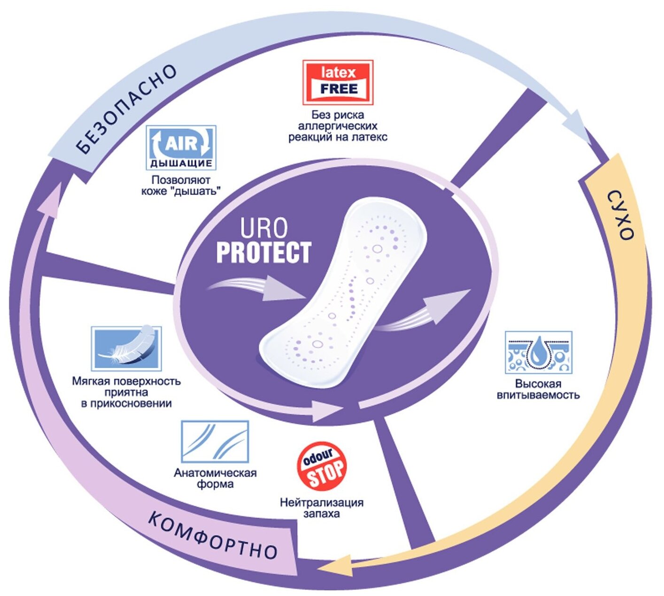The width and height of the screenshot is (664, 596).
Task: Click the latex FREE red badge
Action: (x=338, y=82)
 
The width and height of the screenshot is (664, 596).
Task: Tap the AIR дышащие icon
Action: (x=181, y=147)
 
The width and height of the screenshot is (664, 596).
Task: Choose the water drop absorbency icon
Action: (x=538, y=352)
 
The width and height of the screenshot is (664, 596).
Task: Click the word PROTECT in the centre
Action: (x=263, y=252)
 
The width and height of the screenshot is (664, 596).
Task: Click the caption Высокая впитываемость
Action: (x=538, y=389)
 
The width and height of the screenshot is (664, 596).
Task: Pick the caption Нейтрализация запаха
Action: (x=322, y=508)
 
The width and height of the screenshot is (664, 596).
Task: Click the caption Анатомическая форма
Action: (x=215, y=478)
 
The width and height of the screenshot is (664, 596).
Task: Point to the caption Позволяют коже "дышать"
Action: (x=181, y=186)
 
